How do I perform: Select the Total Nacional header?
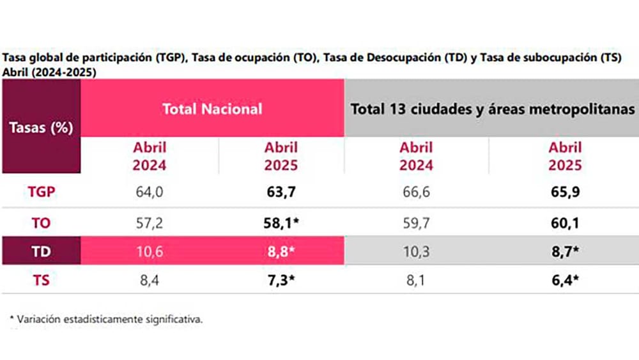pos(212,109)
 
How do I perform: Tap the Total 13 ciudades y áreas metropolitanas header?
pos(492,109)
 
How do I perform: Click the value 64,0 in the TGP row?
pos(150,190)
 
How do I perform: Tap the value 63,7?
pos(281,190)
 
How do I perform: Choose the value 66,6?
pos(416,190)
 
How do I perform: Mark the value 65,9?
pos(565,190)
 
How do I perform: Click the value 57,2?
pos(150,223)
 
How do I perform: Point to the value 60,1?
pos(565,223)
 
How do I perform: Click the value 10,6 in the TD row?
pos(150,252)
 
